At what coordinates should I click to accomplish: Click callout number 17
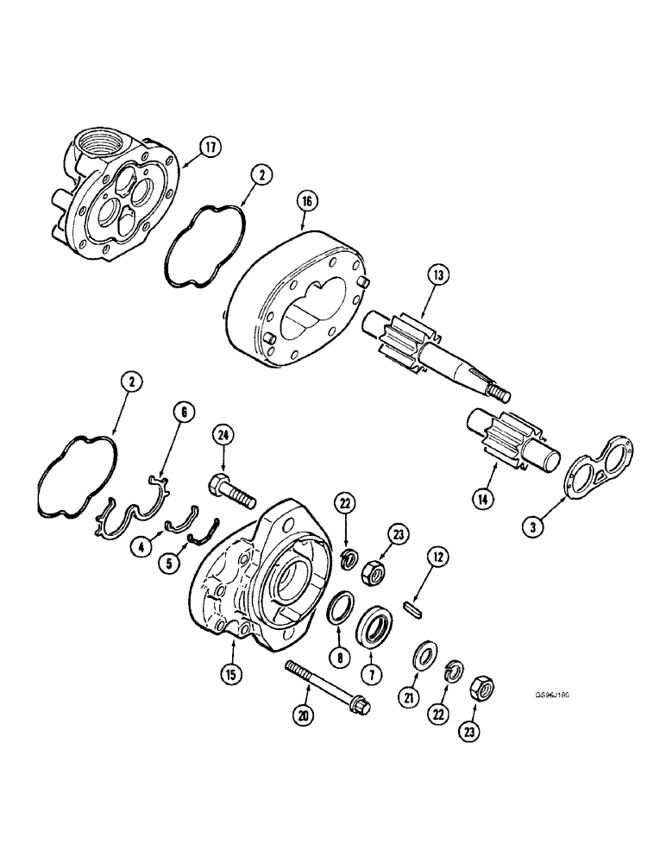(x=208, y=148)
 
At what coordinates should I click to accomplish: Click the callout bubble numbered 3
(x=534, y=525)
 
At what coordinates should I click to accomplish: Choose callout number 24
(x=223, y=438)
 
